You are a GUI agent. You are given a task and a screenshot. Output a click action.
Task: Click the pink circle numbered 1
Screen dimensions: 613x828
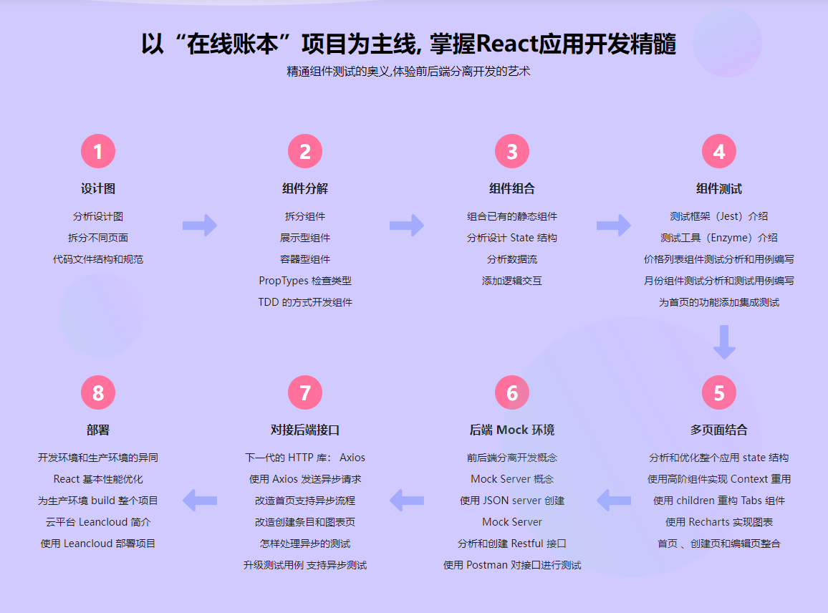98,152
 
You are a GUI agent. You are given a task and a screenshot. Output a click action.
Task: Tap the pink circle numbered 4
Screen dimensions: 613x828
718,152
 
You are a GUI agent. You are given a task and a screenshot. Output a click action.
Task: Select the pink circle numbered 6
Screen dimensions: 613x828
512,393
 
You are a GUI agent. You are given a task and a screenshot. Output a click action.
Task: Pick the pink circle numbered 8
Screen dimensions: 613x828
98,393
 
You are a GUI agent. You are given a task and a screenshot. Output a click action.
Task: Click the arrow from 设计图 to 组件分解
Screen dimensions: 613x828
200,225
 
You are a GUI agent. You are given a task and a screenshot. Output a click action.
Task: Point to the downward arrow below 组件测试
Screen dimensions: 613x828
724,342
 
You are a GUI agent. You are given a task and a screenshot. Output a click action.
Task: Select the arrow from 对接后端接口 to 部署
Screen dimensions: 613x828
200,499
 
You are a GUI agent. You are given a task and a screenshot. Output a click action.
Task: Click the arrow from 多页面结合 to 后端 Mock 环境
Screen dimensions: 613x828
614,499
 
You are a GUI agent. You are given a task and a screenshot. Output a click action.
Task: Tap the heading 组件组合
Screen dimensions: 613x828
512,189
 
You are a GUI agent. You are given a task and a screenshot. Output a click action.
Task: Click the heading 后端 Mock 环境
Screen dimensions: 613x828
512,430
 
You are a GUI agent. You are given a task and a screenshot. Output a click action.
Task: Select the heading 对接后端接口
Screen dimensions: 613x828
305,430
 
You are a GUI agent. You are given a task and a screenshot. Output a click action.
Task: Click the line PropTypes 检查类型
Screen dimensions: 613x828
305,281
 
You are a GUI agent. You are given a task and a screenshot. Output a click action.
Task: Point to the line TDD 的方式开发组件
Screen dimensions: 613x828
305,302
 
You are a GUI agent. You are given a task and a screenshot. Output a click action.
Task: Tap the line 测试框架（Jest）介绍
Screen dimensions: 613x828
718,216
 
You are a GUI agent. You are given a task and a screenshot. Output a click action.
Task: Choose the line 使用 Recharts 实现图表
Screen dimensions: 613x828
718,522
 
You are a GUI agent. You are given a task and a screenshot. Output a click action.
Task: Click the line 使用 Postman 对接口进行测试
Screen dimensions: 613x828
512,565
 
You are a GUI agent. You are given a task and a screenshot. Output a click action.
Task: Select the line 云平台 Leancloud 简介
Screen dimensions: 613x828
98,522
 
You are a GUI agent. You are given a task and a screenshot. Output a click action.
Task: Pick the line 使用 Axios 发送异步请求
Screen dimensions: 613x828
305,479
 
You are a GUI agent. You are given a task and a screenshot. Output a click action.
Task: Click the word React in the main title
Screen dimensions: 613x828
501,44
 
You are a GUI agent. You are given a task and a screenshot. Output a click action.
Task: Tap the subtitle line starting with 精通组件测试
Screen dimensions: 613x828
408,72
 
